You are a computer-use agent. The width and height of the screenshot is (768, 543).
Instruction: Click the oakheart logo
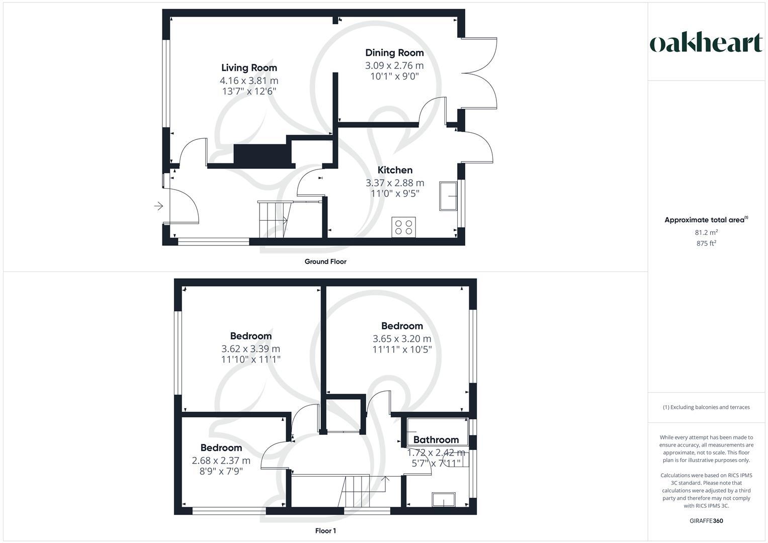[706, 43]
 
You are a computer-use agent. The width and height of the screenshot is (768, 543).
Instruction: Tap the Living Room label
[249, 68]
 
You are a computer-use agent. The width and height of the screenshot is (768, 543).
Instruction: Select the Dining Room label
[394, 53]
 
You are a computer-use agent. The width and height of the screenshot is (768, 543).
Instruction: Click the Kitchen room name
[395, 170]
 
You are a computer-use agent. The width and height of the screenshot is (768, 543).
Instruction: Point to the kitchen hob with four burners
[403, 227]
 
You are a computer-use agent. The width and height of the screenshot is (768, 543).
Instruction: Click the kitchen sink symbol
[448, 196]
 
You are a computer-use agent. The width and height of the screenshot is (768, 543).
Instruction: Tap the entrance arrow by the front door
[158, 206]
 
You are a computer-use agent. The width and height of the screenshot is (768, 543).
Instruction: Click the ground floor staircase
[275, 219]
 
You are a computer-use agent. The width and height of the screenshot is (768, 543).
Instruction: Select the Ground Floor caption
[325, 261]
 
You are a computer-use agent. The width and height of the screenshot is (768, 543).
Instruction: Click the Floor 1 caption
[325, 531]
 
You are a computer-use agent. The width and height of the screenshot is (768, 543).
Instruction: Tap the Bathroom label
[436, 440]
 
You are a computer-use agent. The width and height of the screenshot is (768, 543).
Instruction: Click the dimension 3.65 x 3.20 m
[402, 339]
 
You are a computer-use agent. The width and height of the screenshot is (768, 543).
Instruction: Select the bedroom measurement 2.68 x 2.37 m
[221, 461]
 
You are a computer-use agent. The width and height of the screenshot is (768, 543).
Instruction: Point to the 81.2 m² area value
[706, 232]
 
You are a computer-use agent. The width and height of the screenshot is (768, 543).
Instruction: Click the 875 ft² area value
[706, 243]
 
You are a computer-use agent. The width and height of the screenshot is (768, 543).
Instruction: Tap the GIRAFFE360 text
[706, 521]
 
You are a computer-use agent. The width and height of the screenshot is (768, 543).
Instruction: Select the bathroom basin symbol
[444, 499]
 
